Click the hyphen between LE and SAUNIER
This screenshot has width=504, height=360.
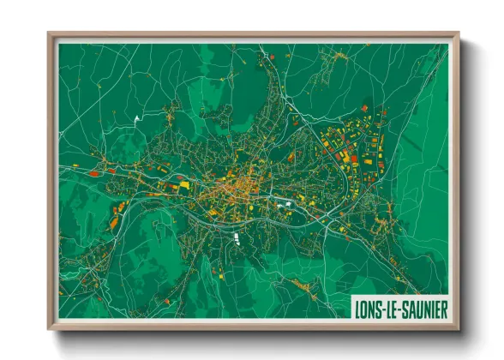(x=399, y=309)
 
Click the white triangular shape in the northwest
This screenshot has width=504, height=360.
(x=135, y=117)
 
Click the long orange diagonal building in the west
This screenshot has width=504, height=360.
(x=114, y=221)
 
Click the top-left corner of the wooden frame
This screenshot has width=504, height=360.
(x=49, y=33)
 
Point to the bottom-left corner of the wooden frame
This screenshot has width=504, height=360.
(x=49, y=328)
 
